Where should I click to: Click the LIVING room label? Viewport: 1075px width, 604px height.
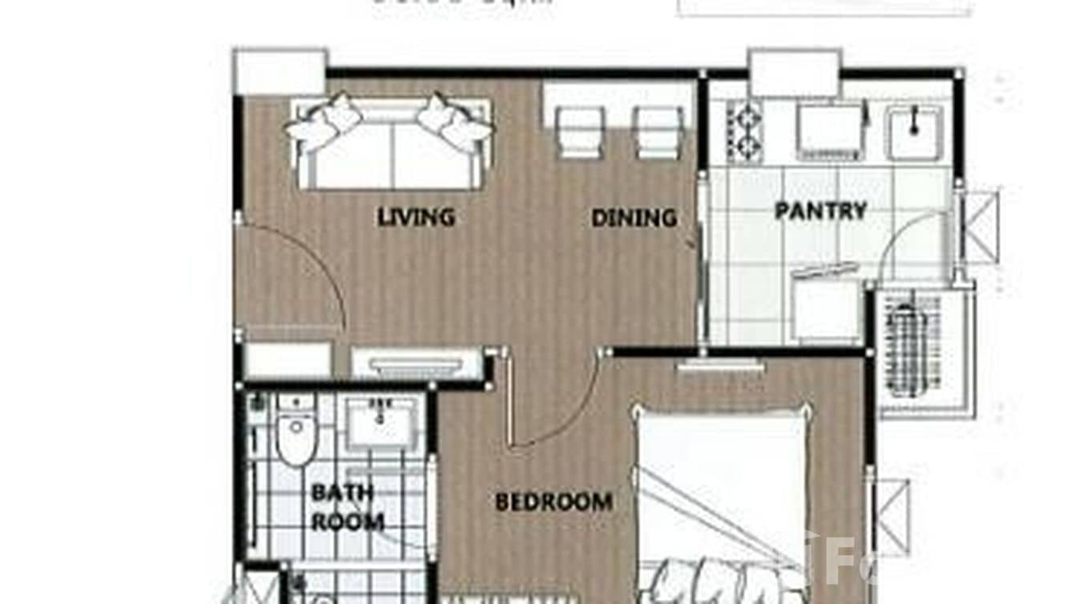point(416,216)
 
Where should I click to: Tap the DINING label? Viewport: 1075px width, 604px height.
point(633,218)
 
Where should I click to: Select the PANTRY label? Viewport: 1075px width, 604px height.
point(820,211)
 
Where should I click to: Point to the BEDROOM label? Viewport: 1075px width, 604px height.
point(554,502)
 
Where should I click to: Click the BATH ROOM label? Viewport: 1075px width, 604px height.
point(347,507)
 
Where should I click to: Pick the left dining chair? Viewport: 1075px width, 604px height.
point(579,131)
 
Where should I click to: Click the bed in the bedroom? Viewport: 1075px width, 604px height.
point(721,497)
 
